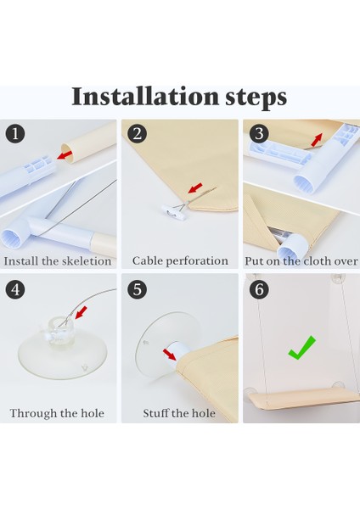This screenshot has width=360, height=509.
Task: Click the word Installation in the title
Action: pos(145,97)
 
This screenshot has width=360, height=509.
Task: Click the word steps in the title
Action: pos(256,98)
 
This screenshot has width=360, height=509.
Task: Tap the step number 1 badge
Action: pos(15,133)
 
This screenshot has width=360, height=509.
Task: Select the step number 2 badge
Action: pos(137,133)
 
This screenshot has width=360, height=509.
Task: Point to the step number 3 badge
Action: pos(259,133)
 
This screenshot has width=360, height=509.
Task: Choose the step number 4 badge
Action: pos(15,289)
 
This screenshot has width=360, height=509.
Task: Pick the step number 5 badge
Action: pos(137,289)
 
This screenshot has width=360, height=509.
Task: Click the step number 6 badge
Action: pos(259,289)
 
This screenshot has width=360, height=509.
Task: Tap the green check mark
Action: pos(302,348)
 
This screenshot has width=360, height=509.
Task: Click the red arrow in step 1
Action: pos(65,155)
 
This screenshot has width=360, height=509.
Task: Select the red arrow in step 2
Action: pos(195,188)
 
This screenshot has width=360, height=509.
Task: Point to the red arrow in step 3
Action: pos(317,140)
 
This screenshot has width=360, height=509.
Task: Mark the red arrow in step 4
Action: pos(82,312)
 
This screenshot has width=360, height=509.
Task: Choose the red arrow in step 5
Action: pos(169,355)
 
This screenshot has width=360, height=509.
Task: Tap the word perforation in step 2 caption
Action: pos(198,261)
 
